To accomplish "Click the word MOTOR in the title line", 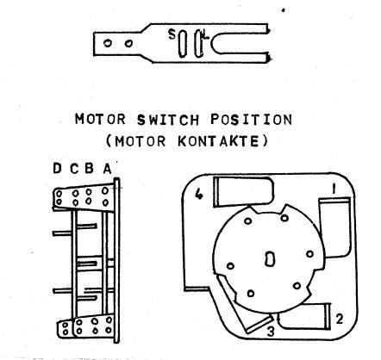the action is (x=100, y=119).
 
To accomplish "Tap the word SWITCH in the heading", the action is (x=168, y=120).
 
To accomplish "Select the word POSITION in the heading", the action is (x=252, y=120).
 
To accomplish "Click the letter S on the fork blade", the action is (x=172, y=34).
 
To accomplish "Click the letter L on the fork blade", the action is (x=205, y=34).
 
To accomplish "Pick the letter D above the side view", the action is (x=58, y=168).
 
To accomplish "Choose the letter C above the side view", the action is (x=74, y=169).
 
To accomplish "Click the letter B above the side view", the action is (x=89, y=169).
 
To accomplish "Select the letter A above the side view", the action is (x=108, y=169).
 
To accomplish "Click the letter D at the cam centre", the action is (x=270, y=258).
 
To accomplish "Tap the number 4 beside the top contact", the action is (x=199, y=195).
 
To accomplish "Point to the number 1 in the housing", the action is (x=334, y=189).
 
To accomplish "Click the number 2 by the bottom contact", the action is (x=340, y=319).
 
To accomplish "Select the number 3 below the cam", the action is (x=271, y=332).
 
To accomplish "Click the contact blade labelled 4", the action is (x=244, y=191).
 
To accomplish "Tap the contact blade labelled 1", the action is (x=335, y=227).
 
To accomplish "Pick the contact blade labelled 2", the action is (x=304, y=316).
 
